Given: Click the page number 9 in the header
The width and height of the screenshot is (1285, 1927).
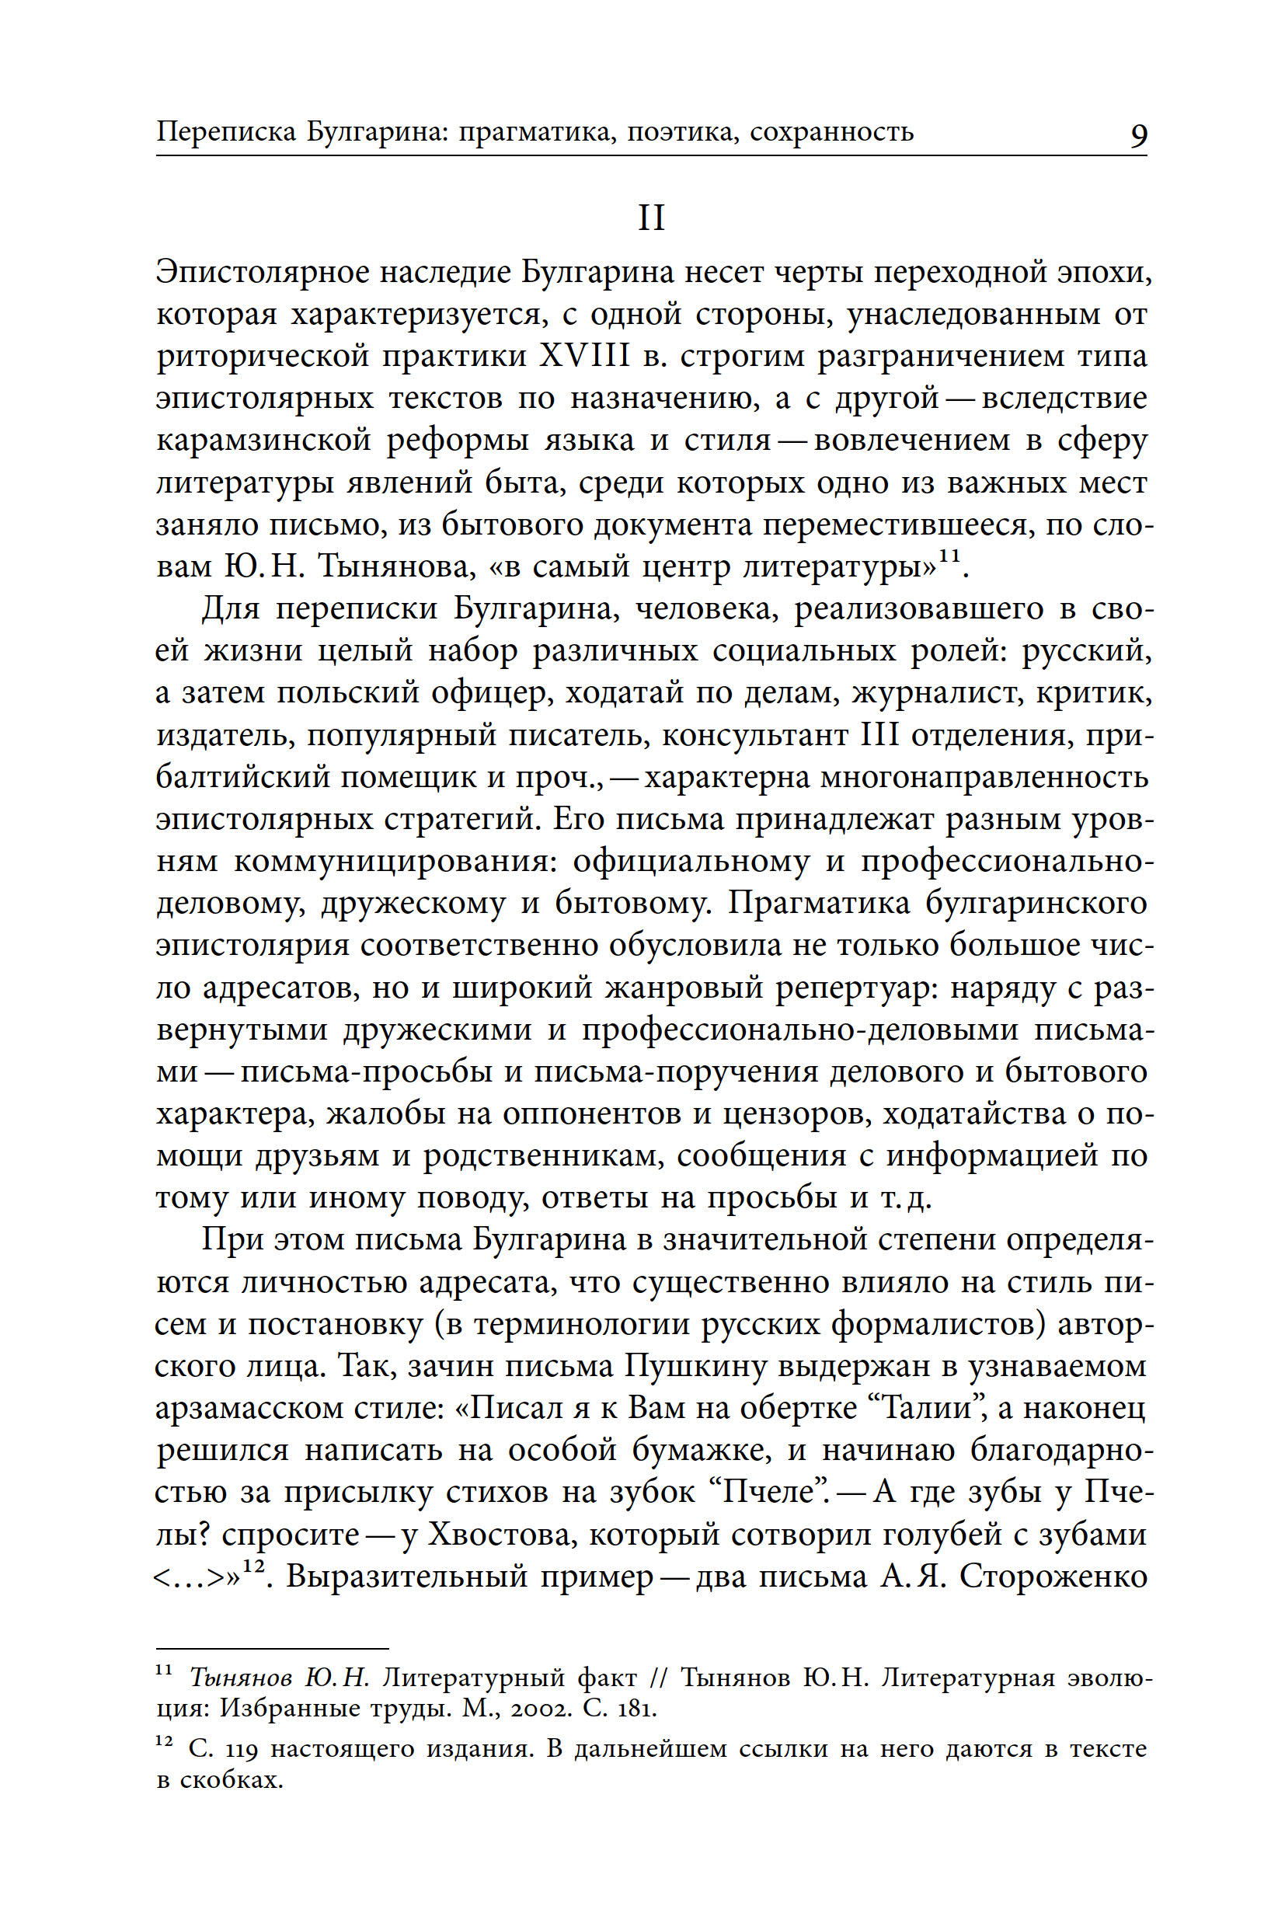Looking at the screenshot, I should (1138, 134).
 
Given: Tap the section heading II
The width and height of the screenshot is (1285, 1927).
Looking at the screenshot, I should (651, 218).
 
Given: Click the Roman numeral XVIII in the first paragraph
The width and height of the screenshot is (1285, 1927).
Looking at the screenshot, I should (584, 357).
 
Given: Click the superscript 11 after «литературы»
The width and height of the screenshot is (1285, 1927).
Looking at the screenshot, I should (949, 556).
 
